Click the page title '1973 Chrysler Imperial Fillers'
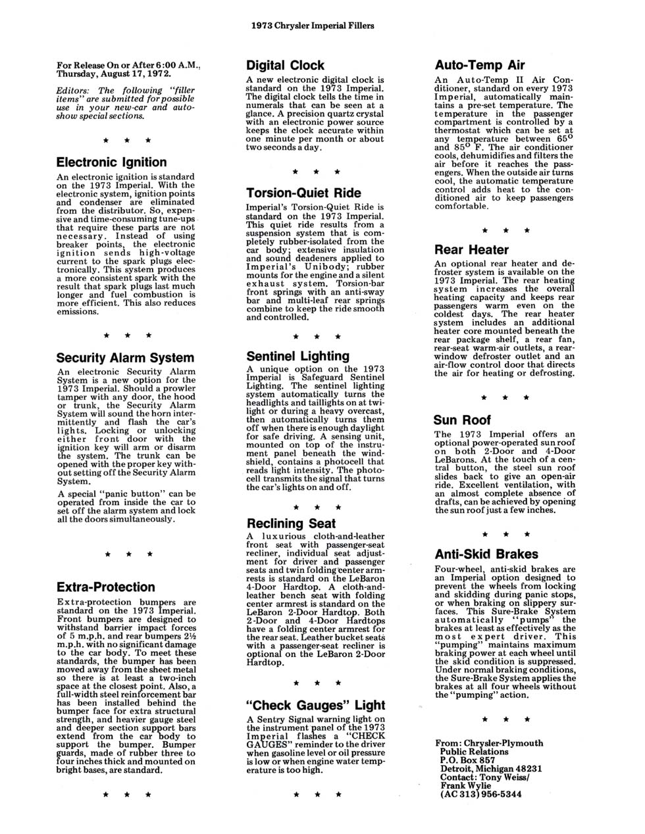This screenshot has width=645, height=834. [313, 26]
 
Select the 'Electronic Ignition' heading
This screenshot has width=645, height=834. [111, 162]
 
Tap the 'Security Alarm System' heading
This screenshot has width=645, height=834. [125, 358]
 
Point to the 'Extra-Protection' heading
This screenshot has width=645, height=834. [105, 587]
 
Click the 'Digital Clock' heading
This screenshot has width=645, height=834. [285, 65]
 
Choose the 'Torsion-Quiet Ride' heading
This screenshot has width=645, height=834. [303, 193]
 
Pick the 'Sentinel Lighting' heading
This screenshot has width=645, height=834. [297, 356]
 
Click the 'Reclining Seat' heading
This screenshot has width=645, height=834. [291, 524]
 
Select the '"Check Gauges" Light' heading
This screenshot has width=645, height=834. [315, 705]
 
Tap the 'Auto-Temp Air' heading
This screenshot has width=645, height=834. [480, 65]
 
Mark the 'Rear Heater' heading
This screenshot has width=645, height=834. [471, 250]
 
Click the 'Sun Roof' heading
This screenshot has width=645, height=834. [462, 420]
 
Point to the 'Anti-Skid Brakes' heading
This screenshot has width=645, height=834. [486, 554]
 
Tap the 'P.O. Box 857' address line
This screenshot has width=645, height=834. [467, 760]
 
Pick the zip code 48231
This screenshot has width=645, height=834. [527, 768]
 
